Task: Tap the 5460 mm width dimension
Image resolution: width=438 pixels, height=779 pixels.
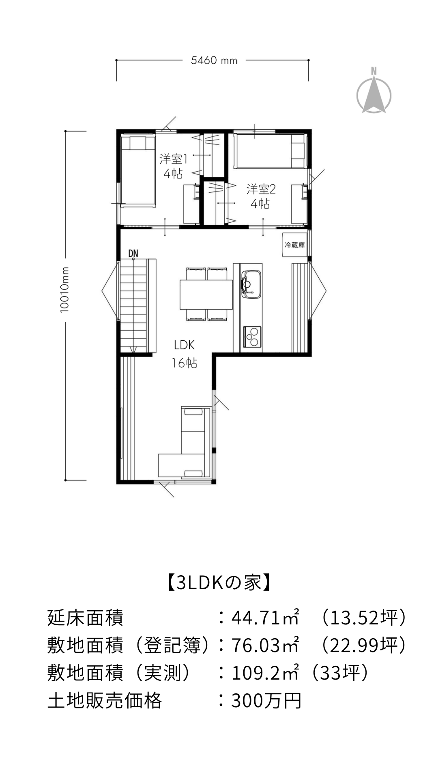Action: (214, 61)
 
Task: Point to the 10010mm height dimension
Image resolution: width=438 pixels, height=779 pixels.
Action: (65, 290)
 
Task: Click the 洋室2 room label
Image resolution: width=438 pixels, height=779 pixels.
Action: (261, 189)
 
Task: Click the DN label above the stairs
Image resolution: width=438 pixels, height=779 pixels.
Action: (133, 254)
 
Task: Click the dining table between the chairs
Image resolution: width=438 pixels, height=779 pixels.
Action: (206, 294)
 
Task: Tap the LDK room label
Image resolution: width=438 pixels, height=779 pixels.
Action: (185, 345)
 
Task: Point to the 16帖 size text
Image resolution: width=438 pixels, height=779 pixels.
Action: (185, 362)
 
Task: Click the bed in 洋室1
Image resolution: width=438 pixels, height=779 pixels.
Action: (138, 171)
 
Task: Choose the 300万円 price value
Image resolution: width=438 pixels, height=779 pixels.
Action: (266, 700)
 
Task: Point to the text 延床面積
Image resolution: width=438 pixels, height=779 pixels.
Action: (85, 618)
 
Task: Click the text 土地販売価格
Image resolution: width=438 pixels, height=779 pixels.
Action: (105, 700)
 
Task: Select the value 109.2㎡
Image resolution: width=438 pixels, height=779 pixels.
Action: (265, 673)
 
